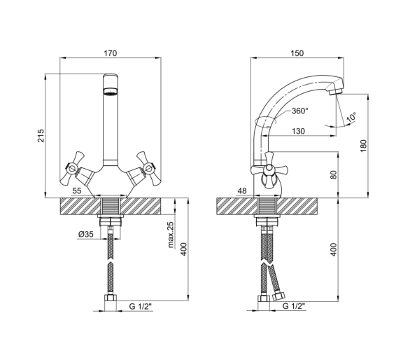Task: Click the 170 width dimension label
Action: click(x=111, y=53)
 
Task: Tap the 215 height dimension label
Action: click(x=41, y=136)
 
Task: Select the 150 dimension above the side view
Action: click(x=297, y=53)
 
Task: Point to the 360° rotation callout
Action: click(x=300, y=111)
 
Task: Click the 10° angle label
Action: click(x=351, y=117)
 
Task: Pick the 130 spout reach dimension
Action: click(x=298, y=131)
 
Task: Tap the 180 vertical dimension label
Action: click(x=363, y=146)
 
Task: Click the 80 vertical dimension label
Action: click(x=334, y=175)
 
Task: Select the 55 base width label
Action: click(x=77, y=191)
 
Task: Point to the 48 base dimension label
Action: click(x=242, y=191)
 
